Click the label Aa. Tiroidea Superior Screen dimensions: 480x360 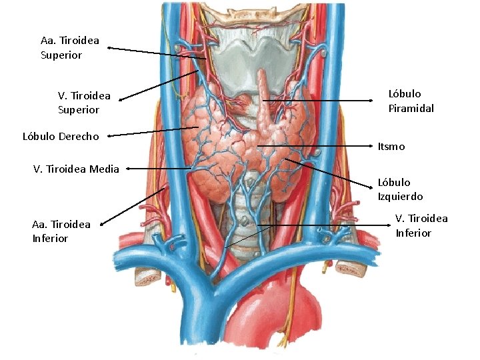pyautogui.click(x=70, y=48)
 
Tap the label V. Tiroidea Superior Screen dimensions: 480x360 pyautogui.click(x=84, y=103)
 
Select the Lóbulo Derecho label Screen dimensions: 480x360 pyautogui.click(x=61, y=137)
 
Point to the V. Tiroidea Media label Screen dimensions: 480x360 pyautogui.click(x=76, y=169)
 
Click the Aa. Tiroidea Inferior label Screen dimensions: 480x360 pyautogui.click(x=61, y=231)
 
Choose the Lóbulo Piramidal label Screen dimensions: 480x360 pyautogui.click(x=411, y=101)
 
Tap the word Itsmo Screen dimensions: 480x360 pyautogui.click(x=391, y=146)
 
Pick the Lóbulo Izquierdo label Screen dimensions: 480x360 pyautogui.click(x=400, y=189)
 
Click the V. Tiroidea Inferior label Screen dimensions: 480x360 pyautogui.click(x=421, y=225)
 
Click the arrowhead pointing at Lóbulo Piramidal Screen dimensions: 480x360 pyautogui.click(x=371, y=101)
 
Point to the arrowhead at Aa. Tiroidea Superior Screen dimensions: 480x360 pyautogui.click(x=111, y=48)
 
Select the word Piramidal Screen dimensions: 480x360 pyautogui.click(x=411, y=108)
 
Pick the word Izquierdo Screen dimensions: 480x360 pyautogui.click(x=400, y=197)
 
